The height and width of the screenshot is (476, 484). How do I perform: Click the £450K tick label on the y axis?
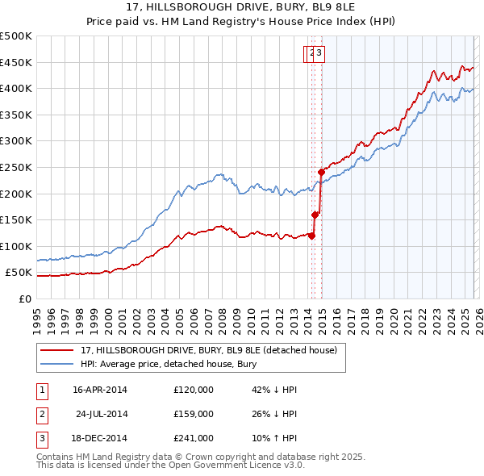pyautogui.click(x=17, y=62)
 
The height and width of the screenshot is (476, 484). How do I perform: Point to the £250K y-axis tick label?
pyautogui.click(x=17, y=167)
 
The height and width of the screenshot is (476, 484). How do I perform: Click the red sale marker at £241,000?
pyautogui.click(x=321, y=172)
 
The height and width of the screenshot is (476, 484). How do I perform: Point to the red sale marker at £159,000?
pyautogui.click(x=315, y=215)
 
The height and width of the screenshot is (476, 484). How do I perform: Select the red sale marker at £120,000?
pyautogui.click(x=311, y=236)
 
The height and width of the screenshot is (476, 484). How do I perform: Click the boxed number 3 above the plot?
pyautogui.click(x=319, y=54)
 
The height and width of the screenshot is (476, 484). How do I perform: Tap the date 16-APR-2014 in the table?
pyautogui.click(x=99, y=390)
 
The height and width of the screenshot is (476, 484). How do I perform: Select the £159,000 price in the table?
pyautogui.click(x=193, y=414)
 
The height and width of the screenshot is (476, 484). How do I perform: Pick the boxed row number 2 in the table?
pyautogui.click(x=40, y=414)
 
